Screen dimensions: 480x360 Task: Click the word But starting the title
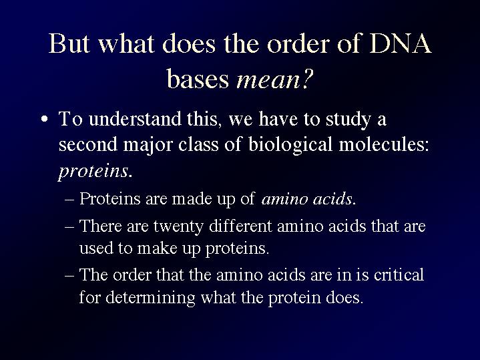69,43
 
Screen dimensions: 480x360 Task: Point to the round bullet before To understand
45,119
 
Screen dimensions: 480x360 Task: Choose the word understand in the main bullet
135,119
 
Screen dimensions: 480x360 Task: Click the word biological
290,145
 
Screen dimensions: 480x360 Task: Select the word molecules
384,144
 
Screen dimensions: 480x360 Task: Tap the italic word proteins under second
93,171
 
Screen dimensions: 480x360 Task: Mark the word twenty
178,226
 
